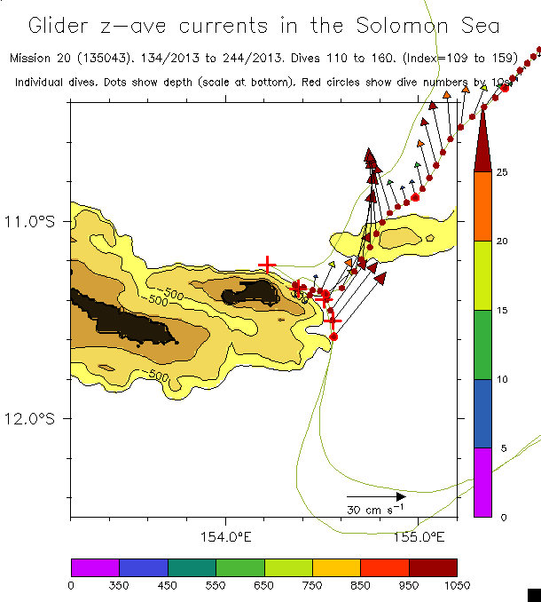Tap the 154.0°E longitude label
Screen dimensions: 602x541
[x=226, y=536]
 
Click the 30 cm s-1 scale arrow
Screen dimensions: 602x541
[x=375, y=496]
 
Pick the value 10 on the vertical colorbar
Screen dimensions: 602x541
[x=501, y=379]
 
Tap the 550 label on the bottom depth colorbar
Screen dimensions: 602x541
[x=215, y=584]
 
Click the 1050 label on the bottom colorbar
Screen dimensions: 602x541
[x=456, y=584]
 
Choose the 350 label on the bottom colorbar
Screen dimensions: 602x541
[x=119, y=584]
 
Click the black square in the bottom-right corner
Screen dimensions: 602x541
[x=533, y=594]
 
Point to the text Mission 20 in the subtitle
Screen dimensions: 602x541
[x=41, y=59]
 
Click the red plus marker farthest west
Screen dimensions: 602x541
[x=267, y=264]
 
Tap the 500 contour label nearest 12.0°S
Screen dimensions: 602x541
[x=159, y=376]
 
